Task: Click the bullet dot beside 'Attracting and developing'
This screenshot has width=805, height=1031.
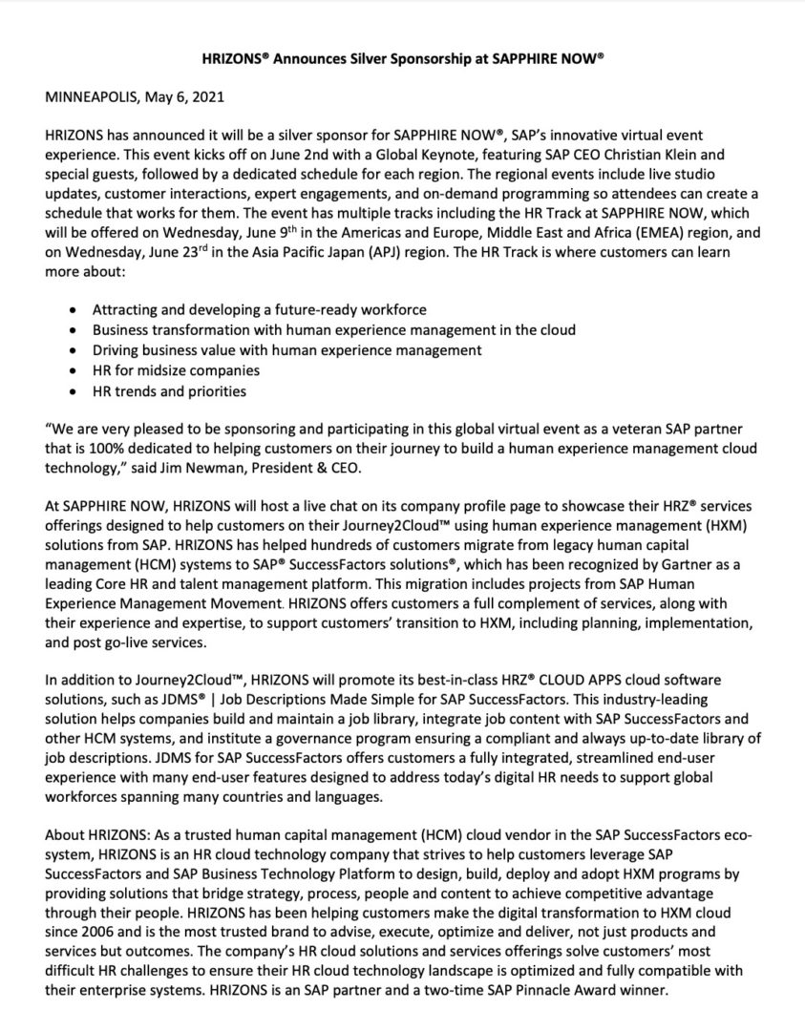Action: [x=75, y=310]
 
